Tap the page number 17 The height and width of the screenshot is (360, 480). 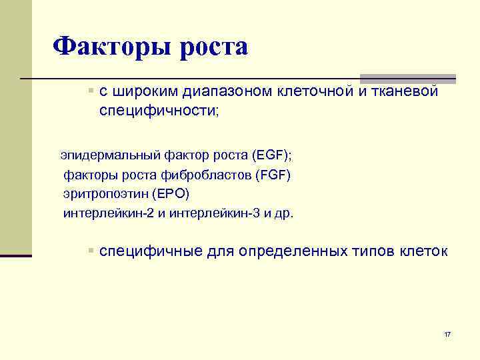click(x=447, y=333)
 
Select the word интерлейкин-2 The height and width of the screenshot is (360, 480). click(x=109, y=214)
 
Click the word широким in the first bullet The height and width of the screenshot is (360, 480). click(x=139, y=91)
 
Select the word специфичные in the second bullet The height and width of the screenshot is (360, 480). click(x=151, y=251)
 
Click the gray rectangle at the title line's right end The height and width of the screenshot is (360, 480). click(x=408, y=79)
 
